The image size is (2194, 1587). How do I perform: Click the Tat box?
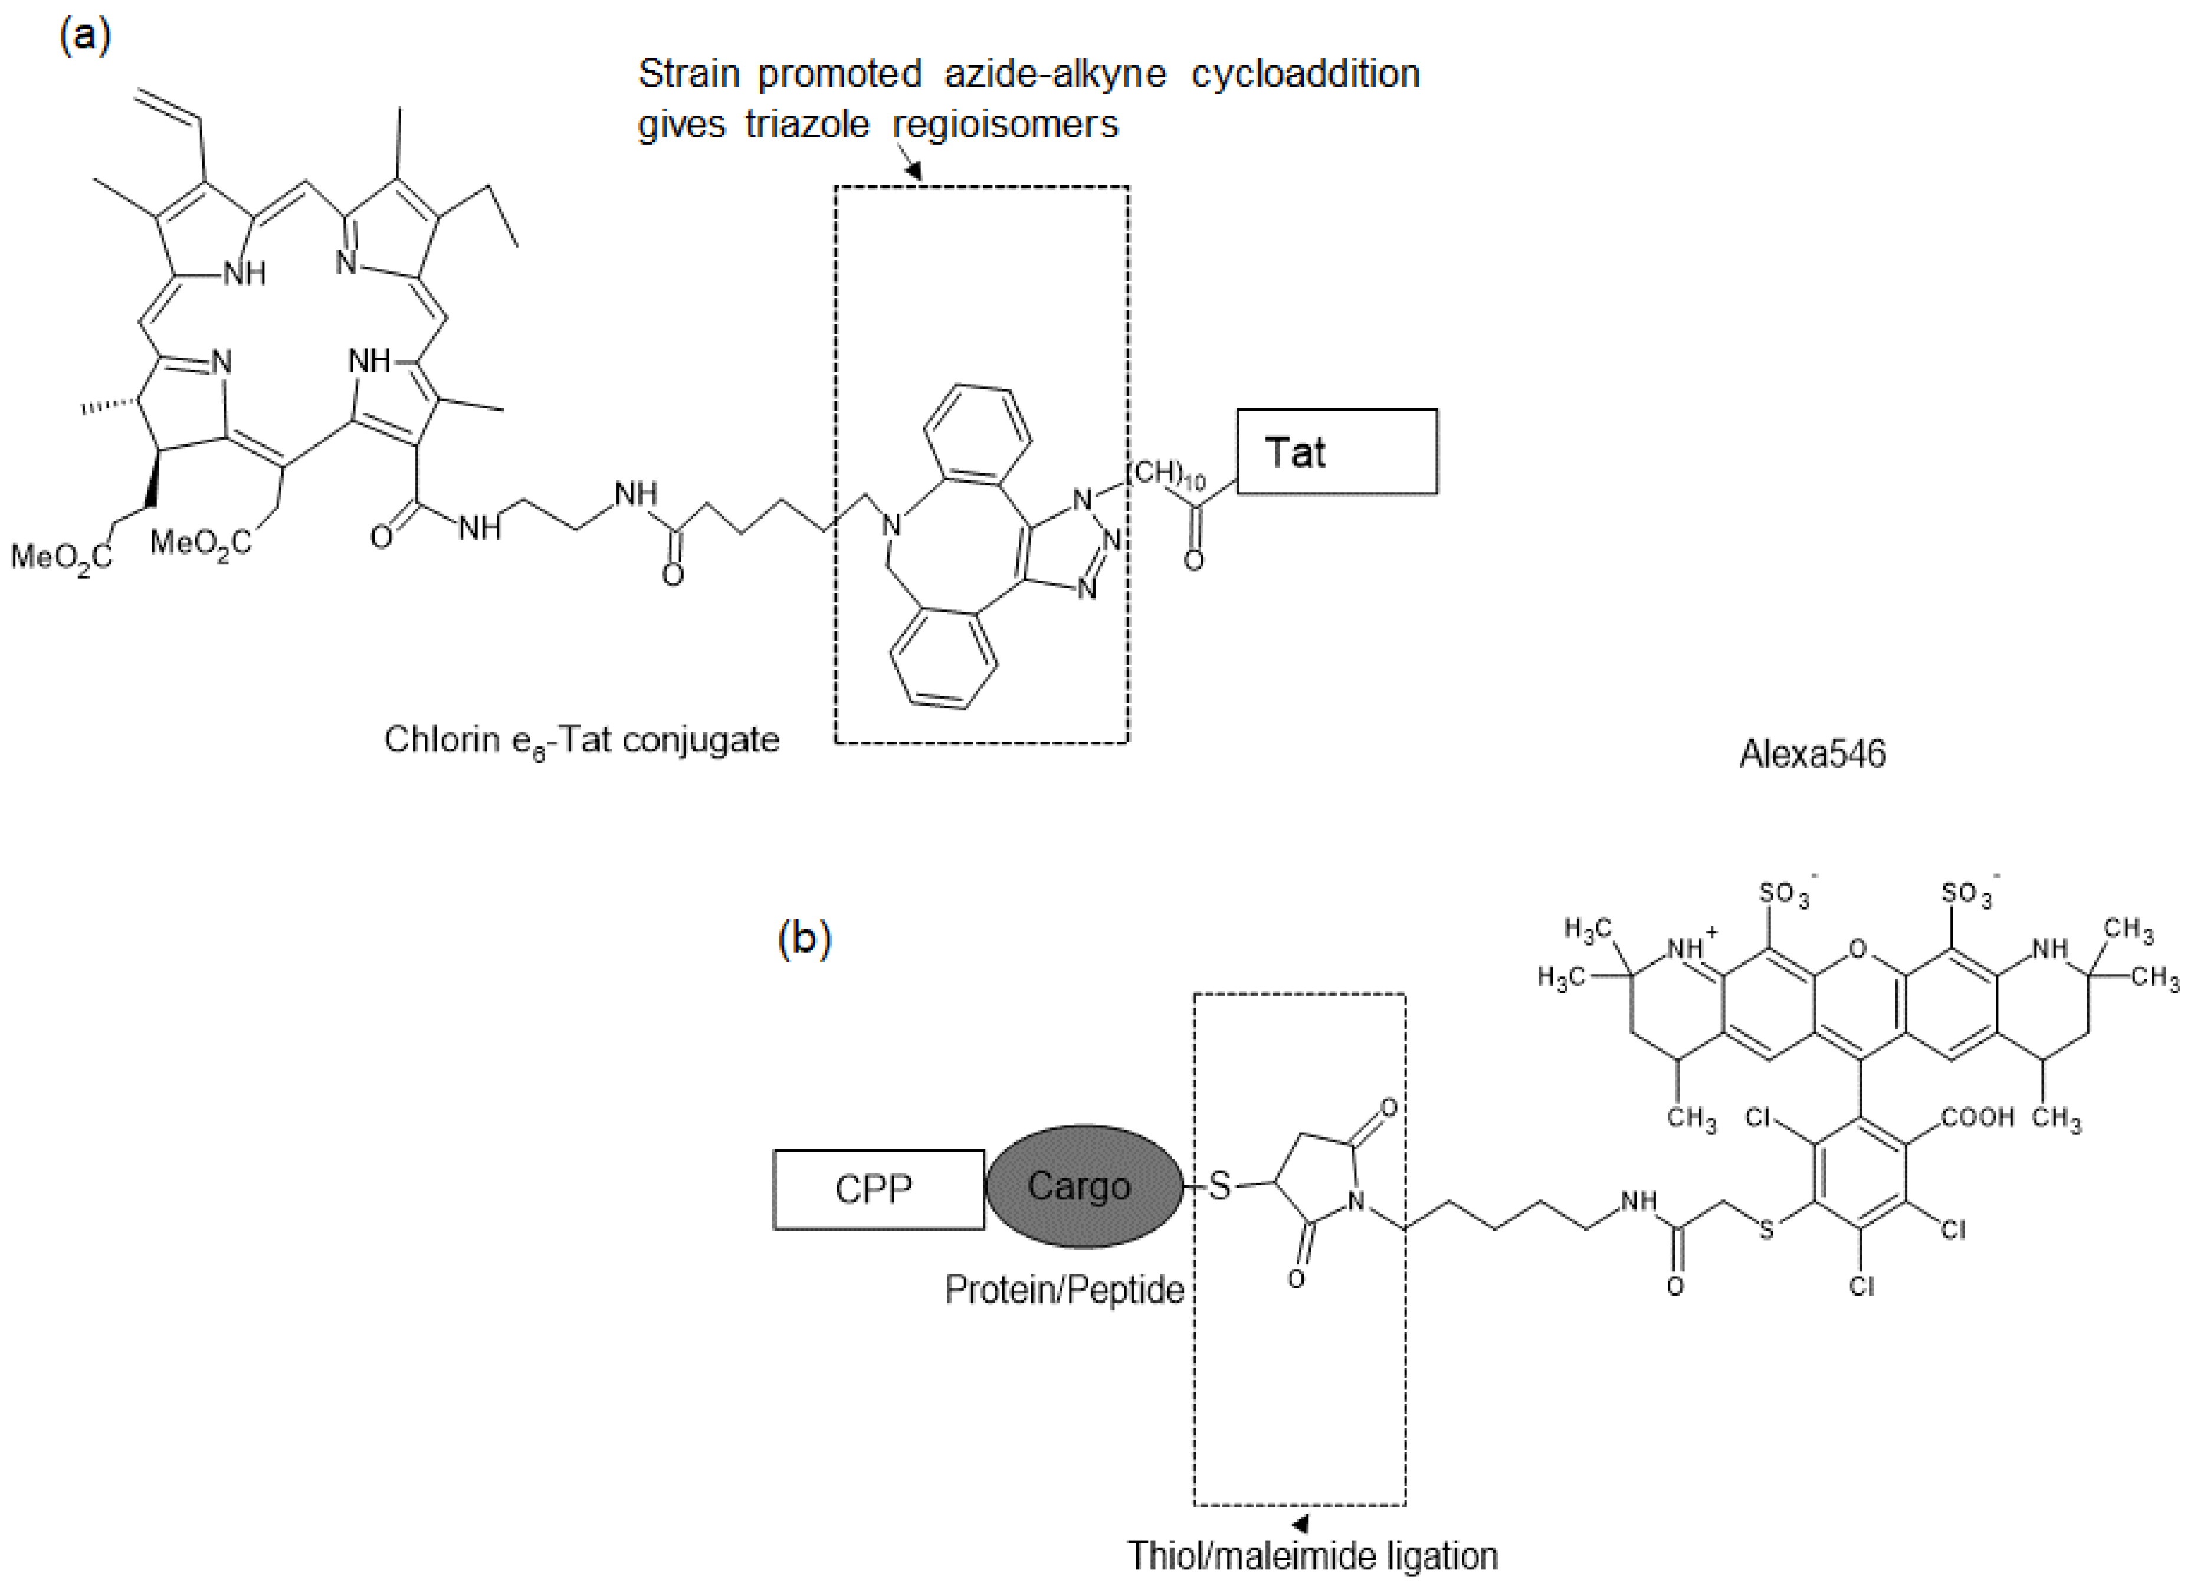1337,452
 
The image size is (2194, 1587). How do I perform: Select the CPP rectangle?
877,1189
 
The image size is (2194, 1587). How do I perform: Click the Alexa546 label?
1812,754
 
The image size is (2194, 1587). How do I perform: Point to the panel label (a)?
85,36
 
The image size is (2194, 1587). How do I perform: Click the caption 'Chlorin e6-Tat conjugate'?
582,740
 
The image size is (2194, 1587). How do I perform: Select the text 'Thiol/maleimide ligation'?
1312,1556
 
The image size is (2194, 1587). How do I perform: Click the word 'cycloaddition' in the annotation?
1305,74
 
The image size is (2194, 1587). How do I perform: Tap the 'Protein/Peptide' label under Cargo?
1064,1290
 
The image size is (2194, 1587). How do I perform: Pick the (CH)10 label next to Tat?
1167,474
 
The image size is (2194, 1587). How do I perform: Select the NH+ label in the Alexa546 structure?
1691,947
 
